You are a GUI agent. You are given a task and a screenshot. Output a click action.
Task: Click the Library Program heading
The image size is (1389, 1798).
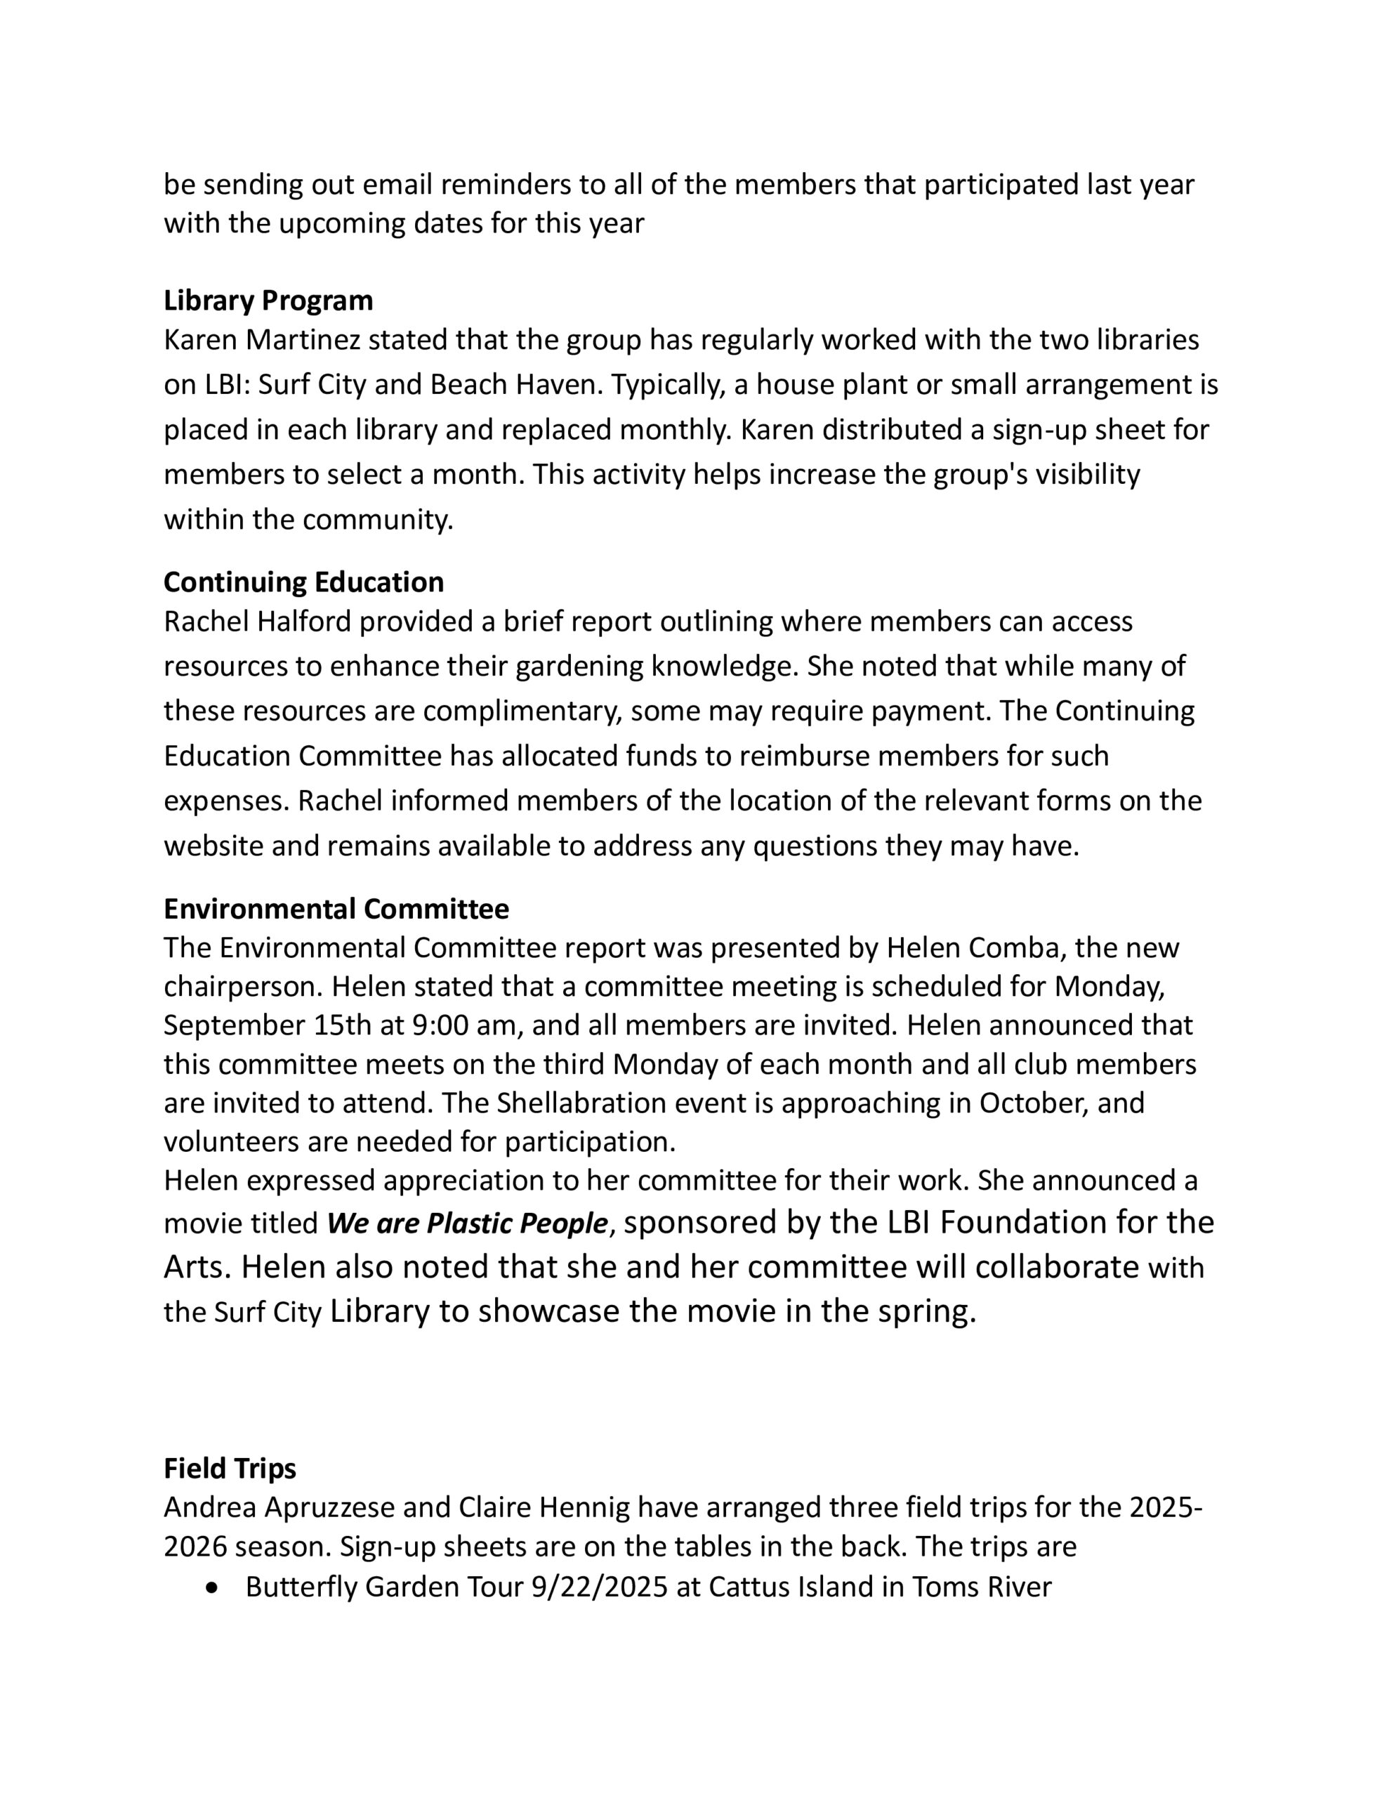pos(268,301)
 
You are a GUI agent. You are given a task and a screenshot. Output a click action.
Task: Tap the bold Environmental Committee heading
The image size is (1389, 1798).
pos(336,909)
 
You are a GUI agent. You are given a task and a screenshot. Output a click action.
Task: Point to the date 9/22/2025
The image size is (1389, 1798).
pos(600,1587)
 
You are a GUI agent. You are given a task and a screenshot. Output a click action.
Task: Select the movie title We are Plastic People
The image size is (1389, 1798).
pos(467,1224)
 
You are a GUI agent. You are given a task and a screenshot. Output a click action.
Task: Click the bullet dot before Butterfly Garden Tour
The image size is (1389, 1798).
pos(215,1587)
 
